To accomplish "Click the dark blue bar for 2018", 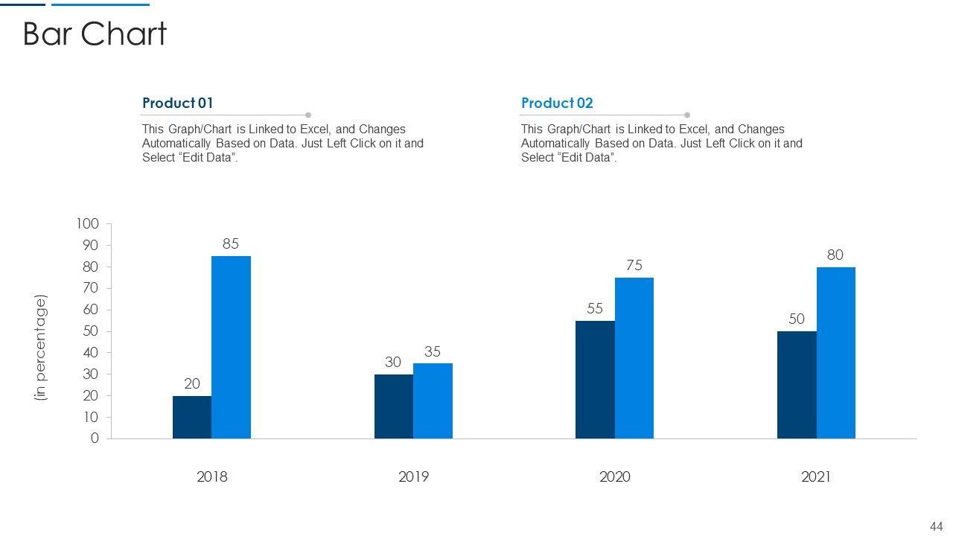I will [192, 417].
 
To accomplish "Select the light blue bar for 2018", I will [231, 347].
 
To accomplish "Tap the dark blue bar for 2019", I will [394, 406].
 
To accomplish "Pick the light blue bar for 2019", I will [433, 401].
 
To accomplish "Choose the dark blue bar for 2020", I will [595, 380].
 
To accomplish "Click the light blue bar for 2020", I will [634, 358].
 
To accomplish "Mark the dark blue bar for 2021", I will [797, 385].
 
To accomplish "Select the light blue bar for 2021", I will [835, 353].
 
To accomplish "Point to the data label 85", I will [231, 243].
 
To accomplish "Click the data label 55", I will [595, 308].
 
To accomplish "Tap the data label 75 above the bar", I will [634, 266].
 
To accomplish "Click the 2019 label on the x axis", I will [413, 476].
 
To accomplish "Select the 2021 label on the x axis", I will [815, 476].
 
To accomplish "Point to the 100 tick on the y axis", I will [87, 224].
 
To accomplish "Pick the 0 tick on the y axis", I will [95, 438].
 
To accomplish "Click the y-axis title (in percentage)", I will [41, 348].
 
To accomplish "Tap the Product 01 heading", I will [177, 103].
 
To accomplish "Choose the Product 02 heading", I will [557, 103].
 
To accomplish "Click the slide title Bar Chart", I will [95, 34].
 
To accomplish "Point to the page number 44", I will [936, 526].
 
